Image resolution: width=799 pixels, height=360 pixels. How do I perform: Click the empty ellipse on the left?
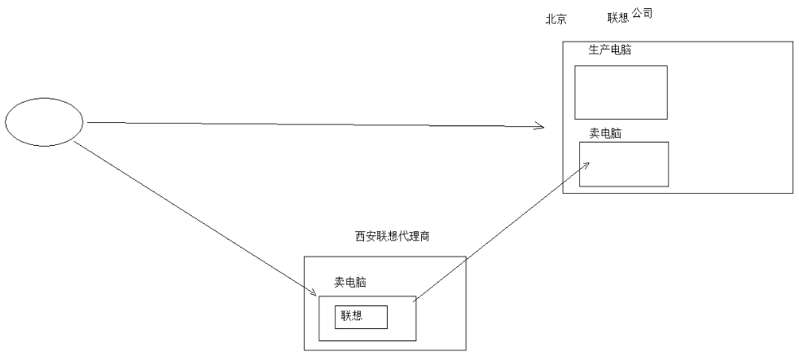(44, 122)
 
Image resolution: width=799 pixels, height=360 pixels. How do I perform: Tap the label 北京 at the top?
(555, 19)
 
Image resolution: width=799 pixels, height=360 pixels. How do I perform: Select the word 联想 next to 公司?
(618, 18)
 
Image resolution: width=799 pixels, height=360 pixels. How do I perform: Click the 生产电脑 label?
(609, 50)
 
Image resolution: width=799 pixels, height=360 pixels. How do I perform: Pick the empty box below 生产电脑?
(621, 93)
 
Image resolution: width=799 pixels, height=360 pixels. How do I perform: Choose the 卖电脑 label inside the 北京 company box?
(604, 133)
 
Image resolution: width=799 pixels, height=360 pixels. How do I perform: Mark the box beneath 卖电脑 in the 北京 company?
(623, 165)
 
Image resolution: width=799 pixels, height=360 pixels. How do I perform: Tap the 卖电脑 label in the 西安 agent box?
(350, 282)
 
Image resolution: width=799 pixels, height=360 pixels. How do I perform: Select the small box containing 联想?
(361, 317)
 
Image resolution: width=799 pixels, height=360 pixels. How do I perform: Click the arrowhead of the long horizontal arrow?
(540, 126)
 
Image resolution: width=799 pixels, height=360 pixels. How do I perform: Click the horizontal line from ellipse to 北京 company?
(310, 125)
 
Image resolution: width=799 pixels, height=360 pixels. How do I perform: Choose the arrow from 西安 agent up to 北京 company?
(501, 231)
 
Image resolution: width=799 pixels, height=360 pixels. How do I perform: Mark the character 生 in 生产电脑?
(594, 50)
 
